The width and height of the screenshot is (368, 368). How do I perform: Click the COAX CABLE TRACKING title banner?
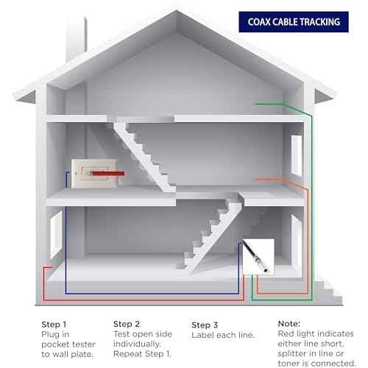[294, 22]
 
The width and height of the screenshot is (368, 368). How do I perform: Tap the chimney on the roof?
[77, 38]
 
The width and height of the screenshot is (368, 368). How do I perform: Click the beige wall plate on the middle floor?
[94, 174]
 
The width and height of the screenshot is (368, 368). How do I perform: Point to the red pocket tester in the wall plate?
[107, 174]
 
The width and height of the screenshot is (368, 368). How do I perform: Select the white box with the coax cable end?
[258, 257]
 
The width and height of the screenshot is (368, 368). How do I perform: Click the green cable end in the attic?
[255, 104]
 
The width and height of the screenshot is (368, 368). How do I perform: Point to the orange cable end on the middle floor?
[255, 180]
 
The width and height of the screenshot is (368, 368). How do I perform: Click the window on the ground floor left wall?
[56, 235]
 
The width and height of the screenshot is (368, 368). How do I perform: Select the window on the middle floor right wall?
[297, 155]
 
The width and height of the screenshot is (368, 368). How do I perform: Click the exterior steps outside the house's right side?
[329, 292]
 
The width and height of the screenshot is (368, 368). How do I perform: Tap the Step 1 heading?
[54, 325]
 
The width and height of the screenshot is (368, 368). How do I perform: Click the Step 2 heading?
[127, 324]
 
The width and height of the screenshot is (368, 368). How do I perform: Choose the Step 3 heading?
[205, 325]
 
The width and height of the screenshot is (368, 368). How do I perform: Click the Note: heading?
[289, 324]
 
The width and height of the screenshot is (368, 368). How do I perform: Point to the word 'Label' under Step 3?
[203, 335]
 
